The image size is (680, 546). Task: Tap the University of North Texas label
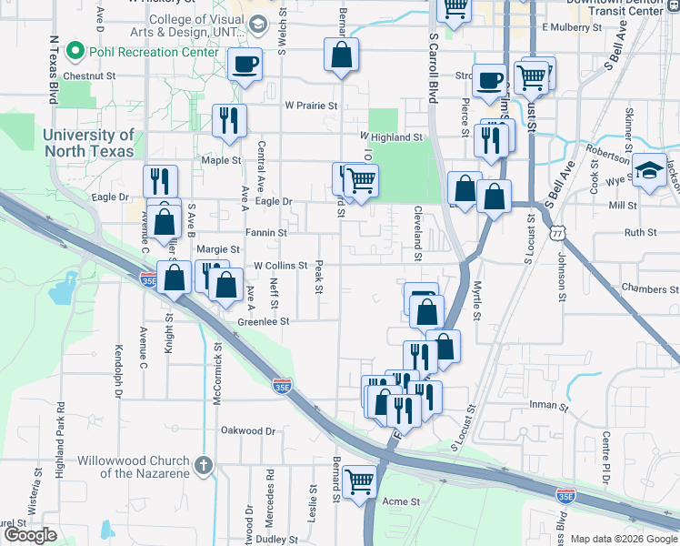(x=88, y=143)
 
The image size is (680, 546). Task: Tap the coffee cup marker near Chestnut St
(x=245, y=65)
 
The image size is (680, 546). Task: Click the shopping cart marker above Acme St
(x=361, y=481)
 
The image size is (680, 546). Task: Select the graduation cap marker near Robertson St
(x=650, y=170)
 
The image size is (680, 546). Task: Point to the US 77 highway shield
(x=556, y=233)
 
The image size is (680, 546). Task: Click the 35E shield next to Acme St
(x=565, y=496)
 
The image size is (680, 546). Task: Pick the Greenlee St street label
(x=263, y=321)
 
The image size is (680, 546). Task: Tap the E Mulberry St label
(x=571, y=27)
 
